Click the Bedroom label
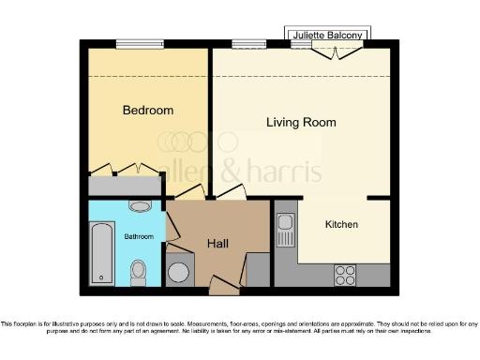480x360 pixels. pyautogui.click(x=148, y=111)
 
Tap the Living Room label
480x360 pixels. pyautogui.click(x=301, y=123)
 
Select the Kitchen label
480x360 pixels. pyautogui.click(x=341, y=225)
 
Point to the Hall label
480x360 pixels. pyautogui.click(x=217, y=244)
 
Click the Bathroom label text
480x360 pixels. pyautogui.click(x=140, y=236)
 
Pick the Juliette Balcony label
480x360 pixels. pyautogui.click(x=328, y=35)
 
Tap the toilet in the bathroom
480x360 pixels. pyautogui.click(x=139, y=271)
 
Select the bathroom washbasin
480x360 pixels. pyautogui.click(x=140, y=205)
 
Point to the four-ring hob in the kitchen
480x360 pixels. pyautogui.click(x=345, y=275)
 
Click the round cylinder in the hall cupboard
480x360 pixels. pyautogui.click(x=178, y=272)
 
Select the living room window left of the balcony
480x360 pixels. pyautogui.click(x=248, y=43)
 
